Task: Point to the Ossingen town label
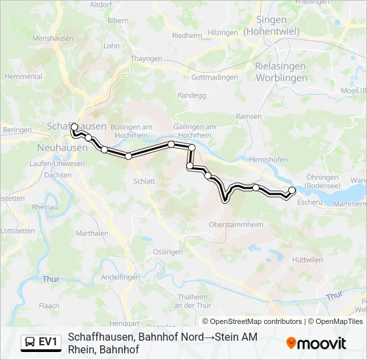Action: (168, 252)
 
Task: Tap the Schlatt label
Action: (144, 181)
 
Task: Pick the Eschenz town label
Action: (310, 201)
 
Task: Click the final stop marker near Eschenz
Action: (292, 191)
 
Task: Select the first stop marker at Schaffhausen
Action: (74, 127)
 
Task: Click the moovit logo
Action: (316, 343)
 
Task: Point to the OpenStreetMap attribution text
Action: (254, 321)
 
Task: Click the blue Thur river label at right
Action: (334, 295)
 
